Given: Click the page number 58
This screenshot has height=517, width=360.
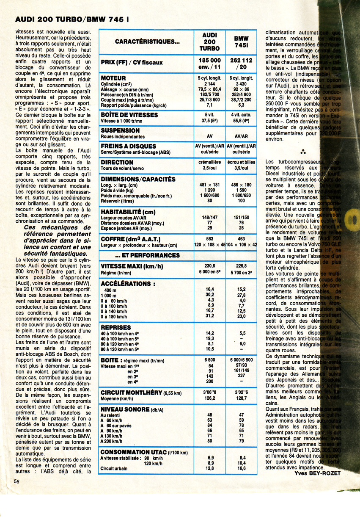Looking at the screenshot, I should point(16,481).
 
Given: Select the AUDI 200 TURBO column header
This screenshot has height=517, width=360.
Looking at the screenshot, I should point(210,41).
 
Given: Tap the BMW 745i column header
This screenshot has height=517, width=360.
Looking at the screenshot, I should point(241,41).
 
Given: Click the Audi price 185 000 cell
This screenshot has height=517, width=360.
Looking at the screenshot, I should point(210,61).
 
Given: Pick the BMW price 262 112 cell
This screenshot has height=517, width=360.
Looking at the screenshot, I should point(241,61).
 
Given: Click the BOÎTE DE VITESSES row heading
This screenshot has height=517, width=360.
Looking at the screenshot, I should point(129,115).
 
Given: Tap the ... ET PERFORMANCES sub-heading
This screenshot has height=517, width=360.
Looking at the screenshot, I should point(147,255).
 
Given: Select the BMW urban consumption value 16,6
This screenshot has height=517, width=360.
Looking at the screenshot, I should point(241,469).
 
